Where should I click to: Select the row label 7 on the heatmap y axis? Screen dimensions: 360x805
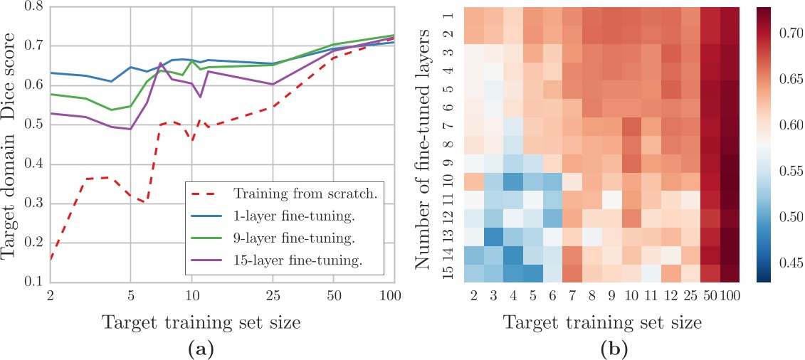tap(447, 127)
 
